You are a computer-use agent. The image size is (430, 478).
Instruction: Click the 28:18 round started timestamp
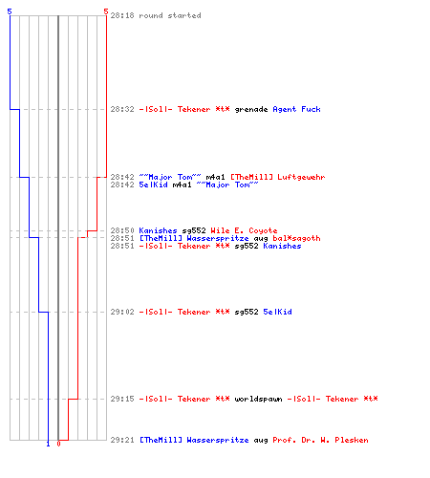[122, 15]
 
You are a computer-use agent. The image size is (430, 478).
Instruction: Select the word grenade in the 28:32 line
[251, 110]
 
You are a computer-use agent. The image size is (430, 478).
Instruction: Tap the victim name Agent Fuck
[296, 109]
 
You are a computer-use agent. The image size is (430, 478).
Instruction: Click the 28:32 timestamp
[122, 109]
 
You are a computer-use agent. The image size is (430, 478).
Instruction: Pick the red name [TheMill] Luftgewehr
[278, 177]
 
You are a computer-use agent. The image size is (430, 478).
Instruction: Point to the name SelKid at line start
[153, 185]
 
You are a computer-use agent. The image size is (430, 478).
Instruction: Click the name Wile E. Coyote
[244, 230]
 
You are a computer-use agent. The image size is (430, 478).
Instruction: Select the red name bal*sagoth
[296, 238]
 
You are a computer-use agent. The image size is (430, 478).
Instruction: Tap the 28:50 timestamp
[122, 230]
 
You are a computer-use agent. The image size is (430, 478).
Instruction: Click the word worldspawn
[258, 399]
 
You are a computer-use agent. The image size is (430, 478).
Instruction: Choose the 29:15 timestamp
[122, 399]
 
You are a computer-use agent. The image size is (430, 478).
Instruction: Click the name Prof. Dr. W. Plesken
[320, 440]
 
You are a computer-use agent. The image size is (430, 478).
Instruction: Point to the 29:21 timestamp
[122, 440]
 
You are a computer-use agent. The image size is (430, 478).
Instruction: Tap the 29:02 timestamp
[122, 312]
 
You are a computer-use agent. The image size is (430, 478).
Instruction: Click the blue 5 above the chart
[10, 11]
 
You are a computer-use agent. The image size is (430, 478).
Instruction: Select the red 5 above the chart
[106, 11]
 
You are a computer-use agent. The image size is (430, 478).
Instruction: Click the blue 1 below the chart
[48, 444]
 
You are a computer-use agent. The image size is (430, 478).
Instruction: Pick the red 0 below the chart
[58, 444]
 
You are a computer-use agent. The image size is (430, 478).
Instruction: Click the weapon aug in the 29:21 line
[261, 440]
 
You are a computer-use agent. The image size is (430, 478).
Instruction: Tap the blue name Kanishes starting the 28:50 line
[158, 230]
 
